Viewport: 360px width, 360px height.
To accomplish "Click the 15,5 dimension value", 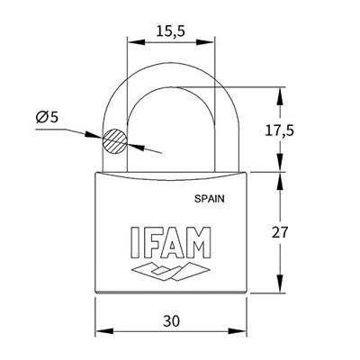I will coord(172,31).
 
